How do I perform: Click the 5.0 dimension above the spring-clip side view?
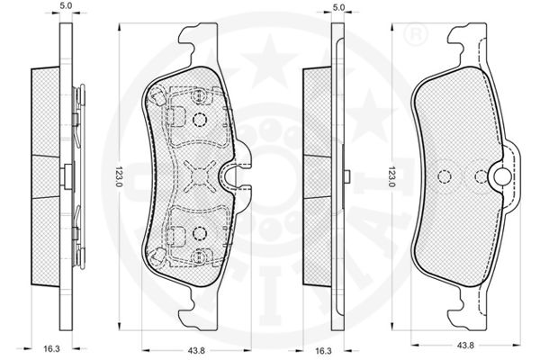[x=66, y=6]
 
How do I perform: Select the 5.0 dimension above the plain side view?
[x=339, y=7]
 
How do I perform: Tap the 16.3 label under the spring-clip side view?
[x=51, y=349]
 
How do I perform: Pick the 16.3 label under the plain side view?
[x=323, y=351]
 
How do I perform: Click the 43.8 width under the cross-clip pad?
[x=196, y=351]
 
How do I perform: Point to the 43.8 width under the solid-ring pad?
[x=465, y=345]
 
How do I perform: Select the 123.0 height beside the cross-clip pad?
[x=119, y=176]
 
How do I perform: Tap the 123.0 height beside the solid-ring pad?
[x=392, y=176]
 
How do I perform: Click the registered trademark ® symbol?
[x=415, y=34]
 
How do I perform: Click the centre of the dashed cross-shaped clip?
[x=199, y=176]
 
